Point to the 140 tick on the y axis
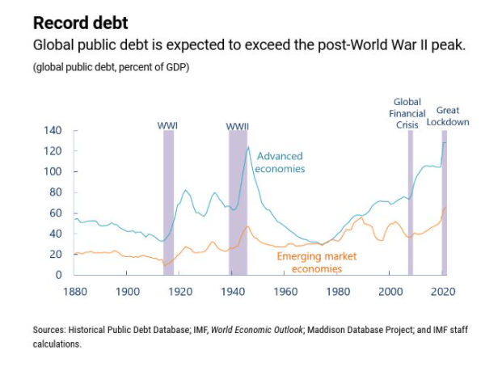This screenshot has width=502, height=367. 52,130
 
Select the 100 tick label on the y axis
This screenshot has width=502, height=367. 52,171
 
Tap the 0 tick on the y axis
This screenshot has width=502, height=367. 57,275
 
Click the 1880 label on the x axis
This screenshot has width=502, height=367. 75,290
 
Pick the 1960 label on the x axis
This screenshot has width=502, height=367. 285,290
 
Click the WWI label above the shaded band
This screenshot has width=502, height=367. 168,125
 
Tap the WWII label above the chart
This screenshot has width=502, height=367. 237,125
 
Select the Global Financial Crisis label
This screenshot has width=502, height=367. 407,113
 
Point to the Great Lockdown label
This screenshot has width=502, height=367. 447,116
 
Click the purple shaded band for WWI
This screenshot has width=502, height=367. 168,202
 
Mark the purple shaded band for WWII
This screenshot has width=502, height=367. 238,202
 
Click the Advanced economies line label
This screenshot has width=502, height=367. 280,162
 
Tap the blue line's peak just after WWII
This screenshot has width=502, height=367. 248,147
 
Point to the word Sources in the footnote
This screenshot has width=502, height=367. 49,331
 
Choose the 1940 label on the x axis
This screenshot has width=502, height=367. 233,290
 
